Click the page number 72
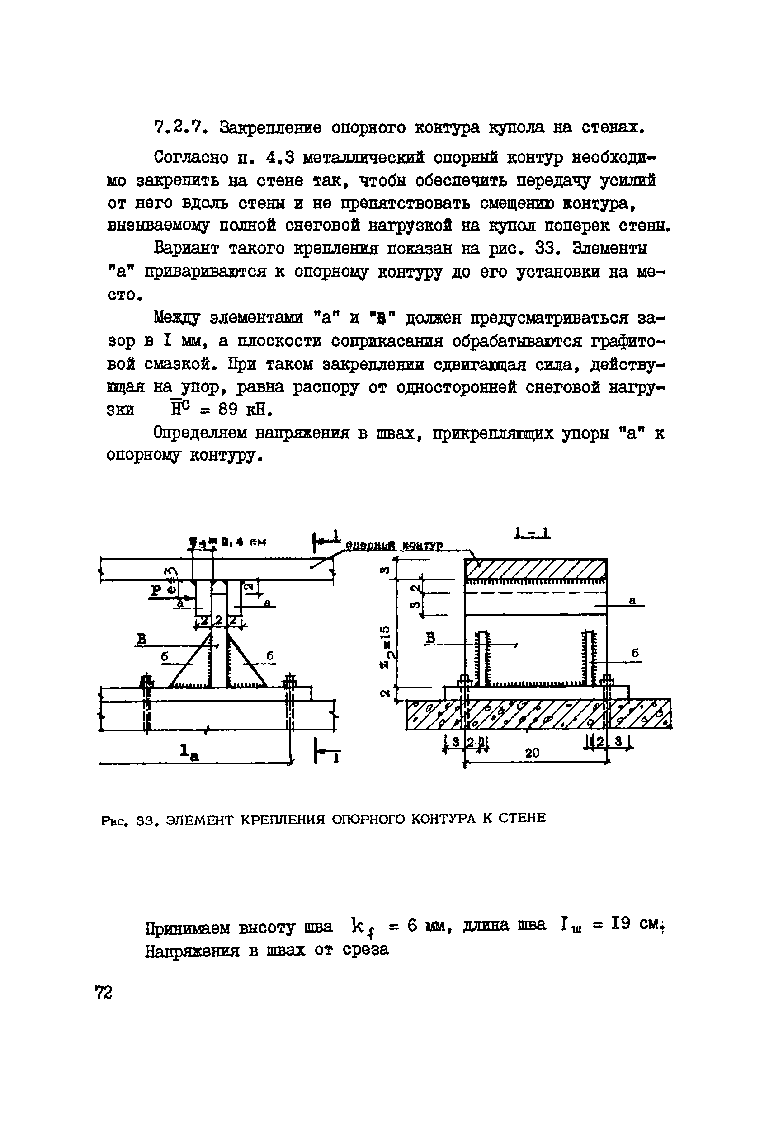pos(104,993)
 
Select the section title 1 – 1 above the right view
pos(532,533)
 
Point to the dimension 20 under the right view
pos(532,753)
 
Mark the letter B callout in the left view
pos(142,639)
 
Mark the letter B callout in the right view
pos(431,638)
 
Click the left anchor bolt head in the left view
pos(146,682)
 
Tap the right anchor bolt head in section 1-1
pos(606,681)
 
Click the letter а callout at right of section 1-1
pos(632,601)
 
